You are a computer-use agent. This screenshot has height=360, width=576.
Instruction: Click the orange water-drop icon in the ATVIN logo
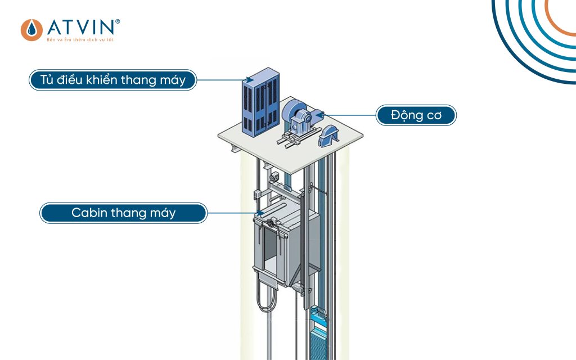31,30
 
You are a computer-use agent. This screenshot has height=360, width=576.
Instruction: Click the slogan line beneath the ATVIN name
79,40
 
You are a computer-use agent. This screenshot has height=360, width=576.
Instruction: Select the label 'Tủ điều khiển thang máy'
113,80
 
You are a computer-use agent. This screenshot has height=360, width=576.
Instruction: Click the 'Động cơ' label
416,116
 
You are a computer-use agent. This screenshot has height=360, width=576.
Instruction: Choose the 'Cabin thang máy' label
123,213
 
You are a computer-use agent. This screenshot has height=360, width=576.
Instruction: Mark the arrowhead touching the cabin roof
259,213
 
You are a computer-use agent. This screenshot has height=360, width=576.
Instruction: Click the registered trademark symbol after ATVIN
117,21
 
